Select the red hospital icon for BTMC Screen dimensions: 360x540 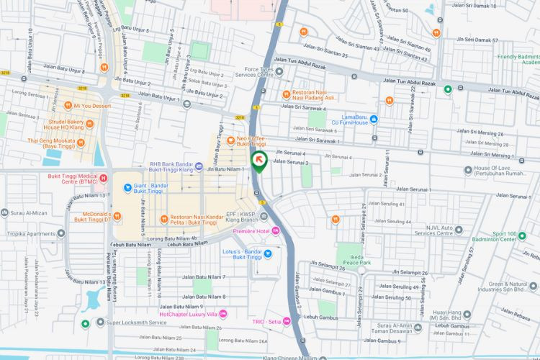pyautogui.click(x=103, y=178)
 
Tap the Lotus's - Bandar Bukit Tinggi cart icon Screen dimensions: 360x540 pyautogui.click(x=268, y=253)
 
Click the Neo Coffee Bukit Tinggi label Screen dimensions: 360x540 pyautogui.click(x=251, y=140)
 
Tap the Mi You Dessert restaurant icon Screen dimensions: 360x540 pyautogui.click(x=66, y=105)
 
